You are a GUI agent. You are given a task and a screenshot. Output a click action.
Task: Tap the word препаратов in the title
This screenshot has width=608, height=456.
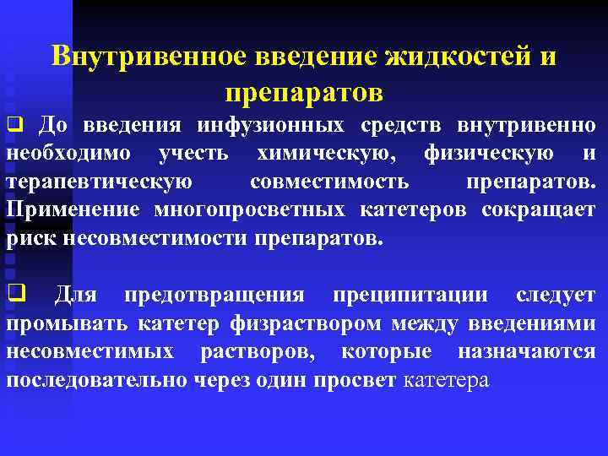point(304,87)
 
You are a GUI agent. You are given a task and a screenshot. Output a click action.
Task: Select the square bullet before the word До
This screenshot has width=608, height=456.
point(14,127)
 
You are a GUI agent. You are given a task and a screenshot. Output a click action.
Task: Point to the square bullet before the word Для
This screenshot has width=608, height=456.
point(14,295)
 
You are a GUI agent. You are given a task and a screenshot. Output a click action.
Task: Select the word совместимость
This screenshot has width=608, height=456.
point(329,182)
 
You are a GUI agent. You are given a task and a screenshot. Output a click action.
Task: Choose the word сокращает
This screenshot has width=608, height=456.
point(539,209)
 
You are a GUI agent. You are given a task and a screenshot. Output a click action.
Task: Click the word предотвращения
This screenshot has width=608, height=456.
point(214,295)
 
